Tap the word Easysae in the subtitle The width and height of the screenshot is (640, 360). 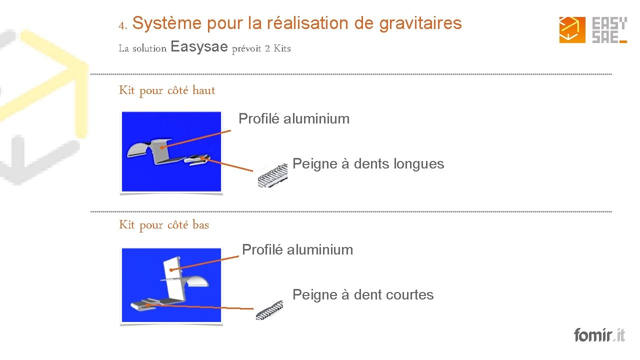pos(199,47)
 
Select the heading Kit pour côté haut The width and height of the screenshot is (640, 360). pos(167,90)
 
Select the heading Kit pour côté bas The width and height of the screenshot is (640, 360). pos(164,225)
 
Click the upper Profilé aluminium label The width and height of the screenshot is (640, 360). pos(294,119)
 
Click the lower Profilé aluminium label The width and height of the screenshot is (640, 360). pos(297,250)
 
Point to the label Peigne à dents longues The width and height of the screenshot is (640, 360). pos(368,164)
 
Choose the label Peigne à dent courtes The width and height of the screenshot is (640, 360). pos(363,295)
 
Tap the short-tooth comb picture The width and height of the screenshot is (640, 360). pos(269,310)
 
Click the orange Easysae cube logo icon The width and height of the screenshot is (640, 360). pos(572,30)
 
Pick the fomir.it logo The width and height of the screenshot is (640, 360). pos(599,334)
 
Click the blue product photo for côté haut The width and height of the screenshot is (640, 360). pos(171,151)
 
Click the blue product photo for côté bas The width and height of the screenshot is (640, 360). pos(171,285)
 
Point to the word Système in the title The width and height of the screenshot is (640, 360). pos(167,23)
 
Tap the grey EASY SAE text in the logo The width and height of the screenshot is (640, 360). pos(609,30)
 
